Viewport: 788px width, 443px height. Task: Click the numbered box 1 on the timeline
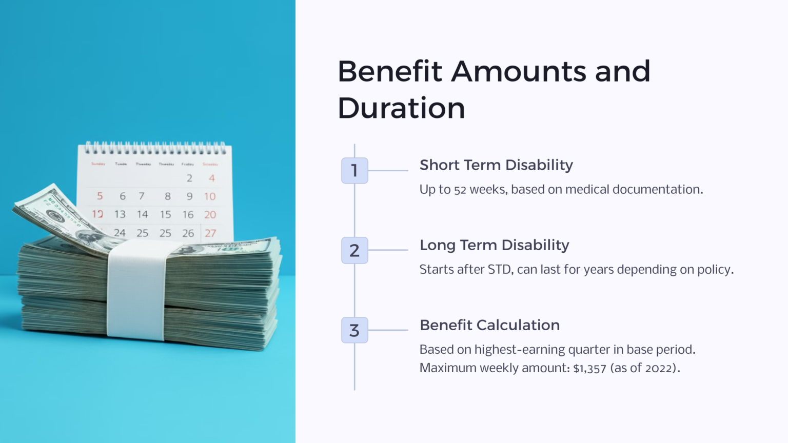click(354, 170)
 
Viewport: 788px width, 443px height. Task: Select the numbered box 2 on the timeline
click(354, 250)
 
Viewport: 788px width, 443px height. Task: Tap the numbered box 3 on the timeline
click(354, 330)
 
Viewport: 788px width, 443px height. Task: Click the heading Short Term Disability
click(496, 165)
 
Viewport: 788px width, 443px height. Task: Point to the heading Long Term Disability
click(494, 245)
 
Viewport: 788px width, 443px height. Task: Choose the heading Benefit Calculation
click(489, 325)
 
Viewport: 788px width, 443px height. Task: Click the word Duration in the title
click(401, 108)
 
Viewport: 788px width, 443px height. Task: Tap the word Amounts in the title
click(518, 71)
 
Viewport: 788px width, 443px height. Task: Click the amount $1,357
click(589, 368)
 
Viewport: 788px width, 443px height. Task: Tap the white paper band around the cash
click(136, 290)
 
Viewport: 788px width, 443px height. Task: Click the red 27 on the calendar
click(210, 233)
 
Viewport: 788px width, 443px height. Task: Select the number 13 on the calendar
click(120, 214)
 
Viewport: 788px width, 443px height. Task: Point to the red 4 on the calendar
click(211, 178)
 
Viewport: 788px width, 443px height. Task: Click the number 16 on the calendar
click(188, 214)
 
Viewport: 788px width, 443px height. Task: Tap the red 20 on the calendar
click(210, 214)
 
